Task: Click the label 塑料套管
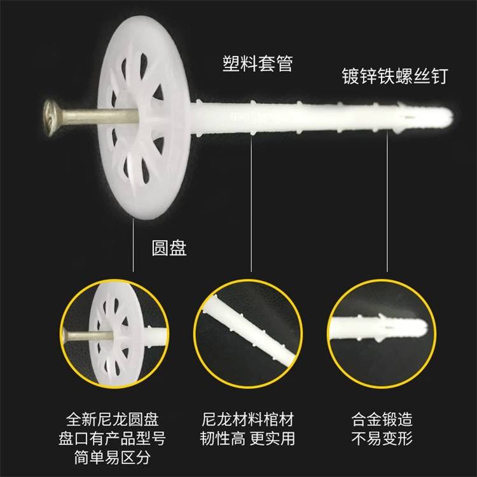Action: coord(258,64)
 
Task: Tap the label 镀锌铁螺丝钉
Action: coord(395,76)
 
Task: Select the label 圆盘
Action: coord(169,248)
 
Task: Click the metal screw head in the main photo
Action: coord(52,118)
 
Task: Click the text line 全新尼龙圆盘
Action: coord(113,419)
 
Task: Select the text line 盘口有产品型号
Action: coord(112,438)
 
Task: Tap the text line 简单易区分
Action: coord(113,457)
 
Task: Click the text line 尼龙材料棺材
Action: coord(247,419)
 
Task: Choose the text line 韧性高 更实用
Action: coord(247,438)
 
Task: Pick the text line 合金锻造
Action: coord(382,419)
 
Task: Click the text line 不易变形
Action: coord(382,438)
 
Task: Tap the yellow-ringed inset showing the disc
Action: coord(114,334)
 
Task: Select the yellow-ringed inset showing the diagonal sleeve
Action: coord(248,334)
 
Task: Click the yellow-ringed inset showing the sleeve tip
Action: coord(382,334)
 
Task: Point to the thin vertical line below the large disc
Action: coord(134,245)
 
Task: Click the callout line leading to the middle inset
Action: coord(251,203)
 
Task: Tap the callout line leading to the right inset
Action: coord(387,201)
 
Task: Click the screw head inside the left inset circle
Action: coord(65,336)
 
